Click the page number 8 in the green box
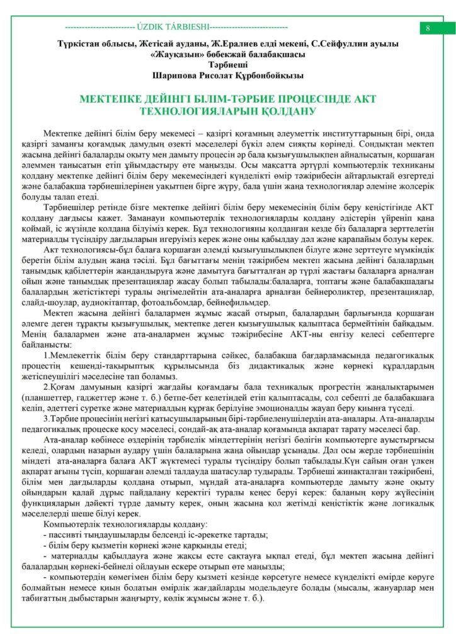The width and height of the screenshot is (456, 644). (428, 28)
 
